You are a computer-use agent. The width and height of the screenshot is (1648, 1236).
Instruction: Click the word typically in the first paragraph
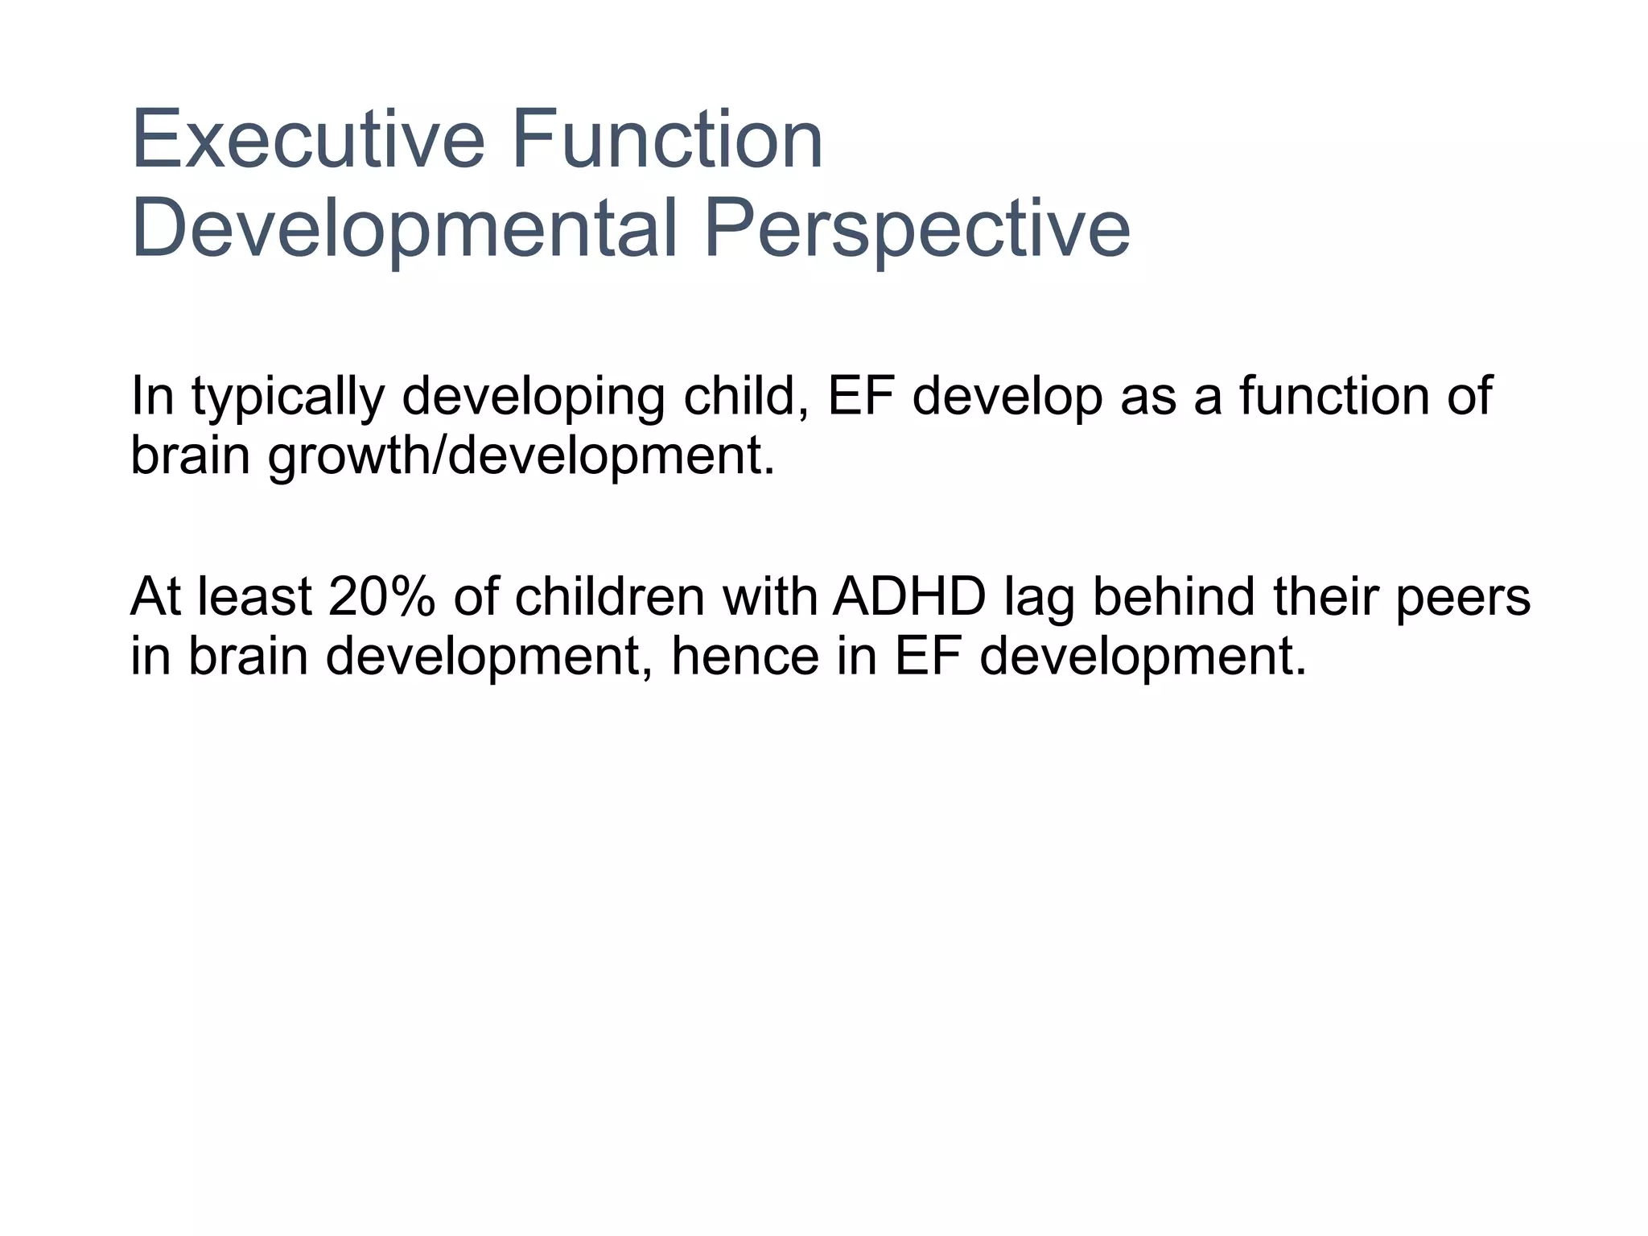click(287, 397)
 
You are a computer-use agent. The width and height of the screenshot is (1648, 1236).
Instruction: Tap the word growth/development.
click(521, 455)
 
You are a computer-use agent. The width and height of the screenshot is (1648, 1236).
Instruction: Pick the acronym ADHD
click(909, 597)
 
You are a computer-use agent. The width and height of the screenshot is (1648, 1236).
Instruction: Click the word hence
click(745, 656)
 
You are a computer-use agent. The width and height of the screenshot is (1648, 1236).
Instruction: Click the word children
click(609, 597)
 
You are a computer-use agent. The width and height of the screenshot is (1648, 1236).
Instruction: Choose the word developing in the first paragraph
click(533, 397)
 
